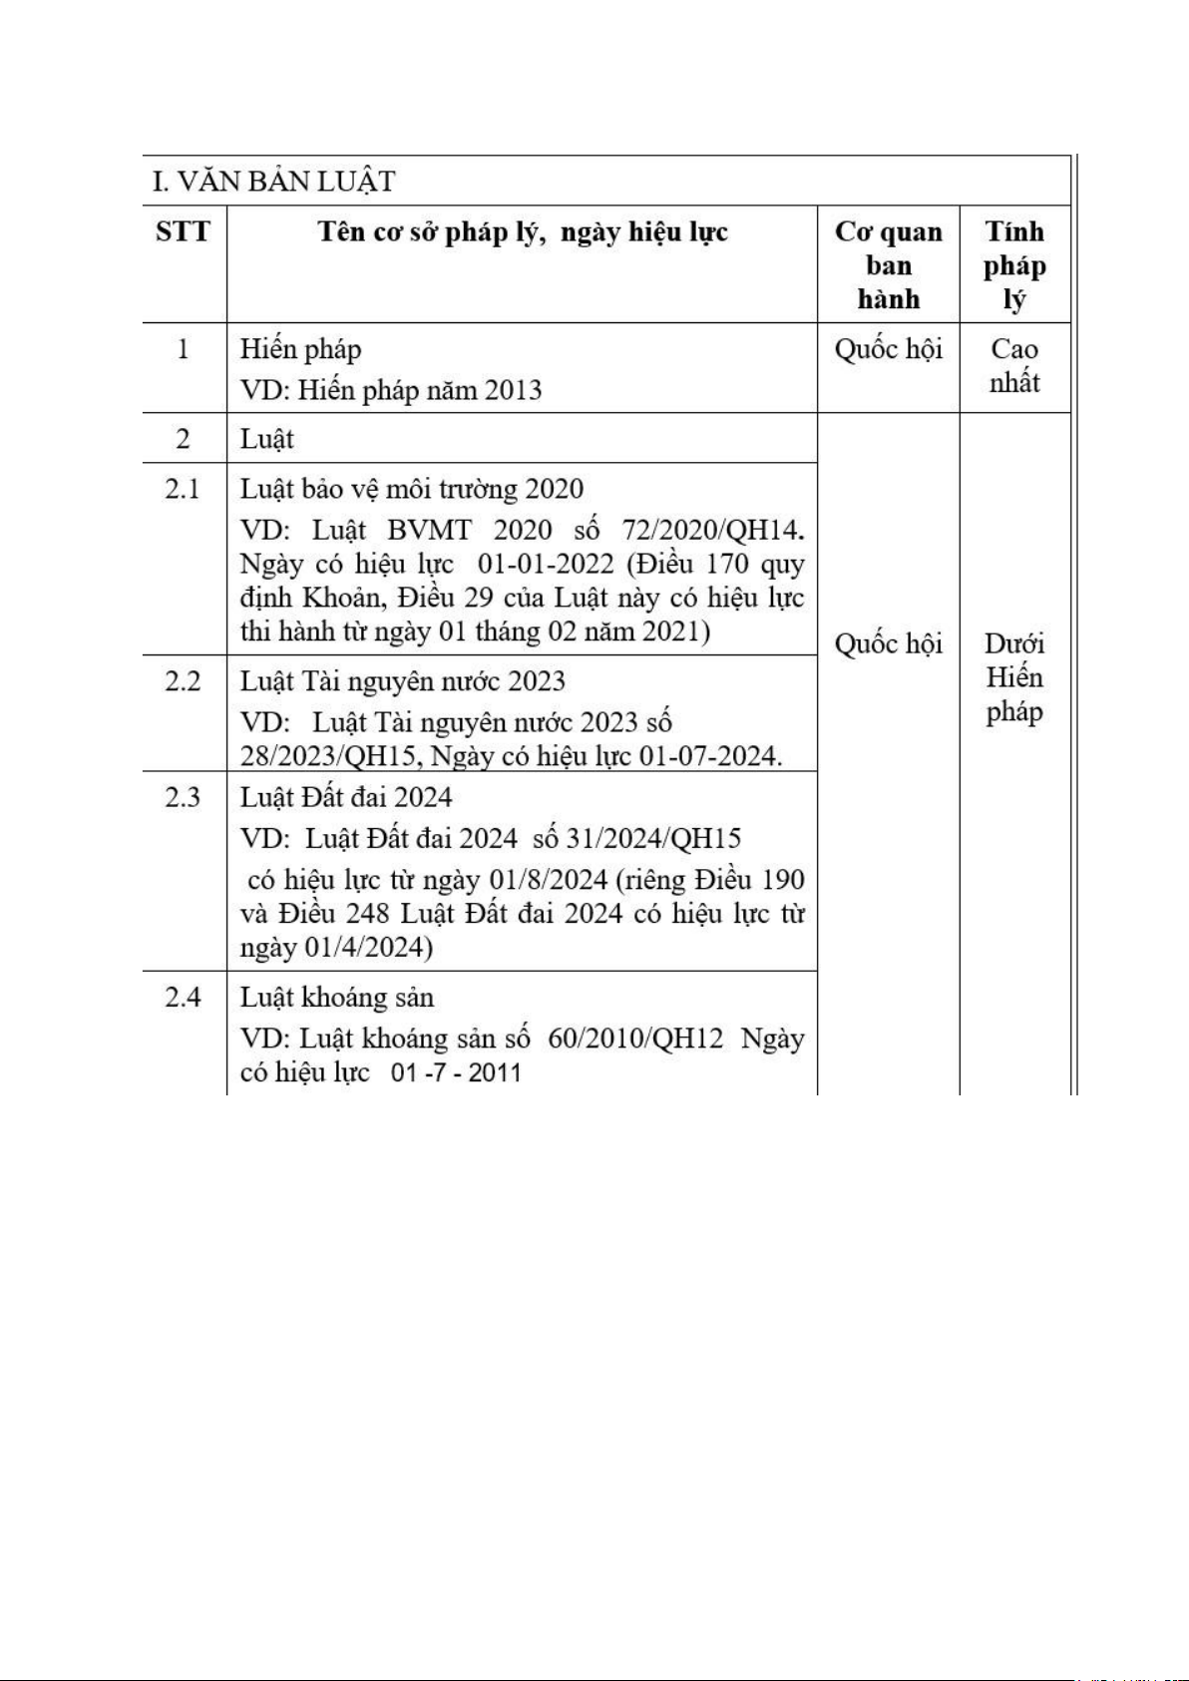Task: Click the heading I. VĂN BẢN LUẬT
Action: click(x=273, y=182)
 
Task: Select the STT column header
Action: click(x=184, y=232)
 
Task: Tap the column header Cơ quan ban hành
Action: click(x=888, y=265)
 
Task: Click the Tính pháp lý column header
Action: click(x=1014, y=265)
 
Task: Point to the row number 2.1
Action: click(x=183, y=489)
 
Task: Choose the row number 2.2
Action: click(x=183, y=681)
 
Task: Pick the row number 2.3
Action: click(x=183, y=797)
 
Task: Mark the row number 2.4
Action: click(x=183, y=998)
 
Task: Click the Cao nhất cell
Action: click(x=1014, y=366)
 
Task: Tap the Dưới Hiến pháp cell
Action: click(x=1014, y=677)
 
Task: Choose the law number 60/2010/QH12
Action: click(x=635, y=1039)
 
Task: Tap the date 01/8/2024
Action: click(x=548, y=880)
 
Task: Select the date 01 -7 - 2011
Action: click(x=457, y=1073)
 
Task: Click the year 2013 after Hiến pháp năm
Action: click(x=513, y=390)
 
